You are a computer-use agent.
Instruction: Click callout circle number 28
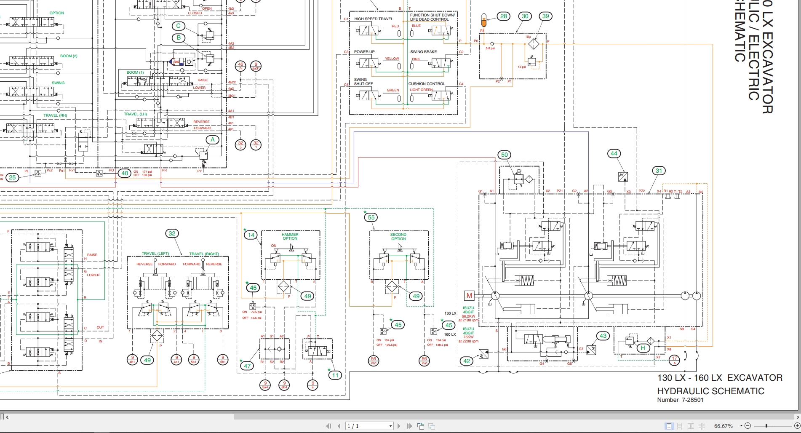click(504, 16)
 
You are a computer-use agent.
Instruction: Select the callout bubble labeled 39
click(546, 16)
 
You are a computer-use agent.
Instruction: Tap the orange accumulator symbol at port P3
click(483, 19)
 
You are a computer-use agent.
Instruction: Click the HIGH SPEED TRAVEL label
click(373, 19)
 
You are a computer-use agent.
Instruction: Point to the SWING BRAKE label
click(423, 52)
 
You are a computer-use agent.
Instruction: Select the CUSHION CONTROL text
click(427, 84)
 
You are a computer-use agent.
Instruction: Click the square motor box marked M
click(469, 295)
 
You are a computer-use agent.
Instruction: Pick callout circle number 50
click(505, 155)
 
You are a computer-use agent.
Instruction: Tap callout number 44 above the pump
click(614, 154)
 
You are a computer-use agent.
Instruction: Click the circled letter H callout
click(643, 348)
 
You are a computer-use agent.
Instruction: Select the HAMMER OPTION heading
click(290, 236)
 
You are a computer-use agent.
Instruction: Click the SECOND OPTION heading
click(398, 236)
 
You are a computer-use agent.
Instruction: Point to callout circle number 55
click(371, 218)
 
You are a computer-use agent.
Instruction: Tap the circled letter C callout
click(179, 26)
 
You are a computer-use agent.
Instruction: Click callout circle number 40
click(125, 173)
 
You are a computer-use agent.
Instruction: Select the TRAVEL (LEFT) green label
click(155, 254)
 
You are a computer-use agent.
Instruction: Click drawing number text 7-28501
click(692, 400)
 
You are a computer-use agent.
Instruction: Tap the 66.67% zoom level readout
click(724, 426)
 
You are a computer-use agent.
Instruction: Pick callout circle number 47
click(248, 366)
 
